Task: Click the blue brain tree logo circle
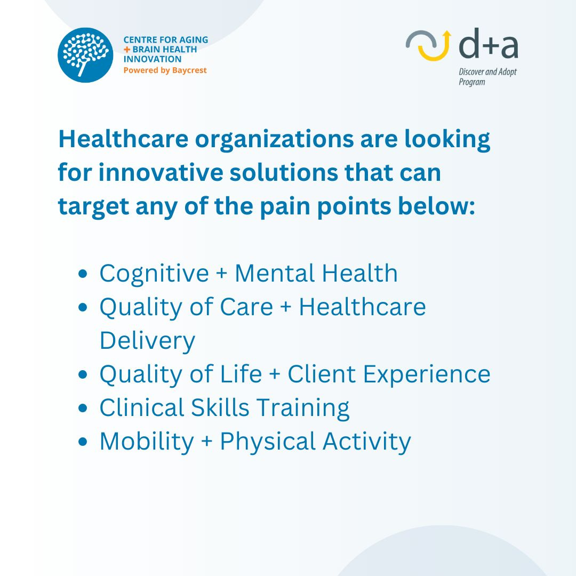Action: click(85, 55)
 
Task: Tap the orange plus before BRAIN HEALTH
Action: click(127, 50)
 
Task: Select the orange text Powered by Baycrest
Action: click(165, 70)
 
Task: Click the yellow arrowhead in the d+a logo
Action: click(447, 34)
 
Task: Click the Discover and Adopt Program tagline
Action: click(487, 77)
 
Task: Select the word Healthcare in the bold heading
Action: click(123, 139)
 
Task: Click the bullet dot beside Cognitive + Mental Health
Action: click(83, 274)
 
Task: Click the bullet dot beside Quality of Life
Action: click(83, 374)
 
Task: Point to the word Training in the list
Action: click(303, 409)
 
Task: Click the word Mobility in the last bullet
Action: click(147, 442)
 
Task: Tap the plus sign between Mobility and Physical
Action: click(207, 441)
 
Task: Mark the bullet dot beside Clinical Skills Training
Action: click(83, 408)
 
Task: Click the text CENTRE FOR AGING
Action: click(166, 39)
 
